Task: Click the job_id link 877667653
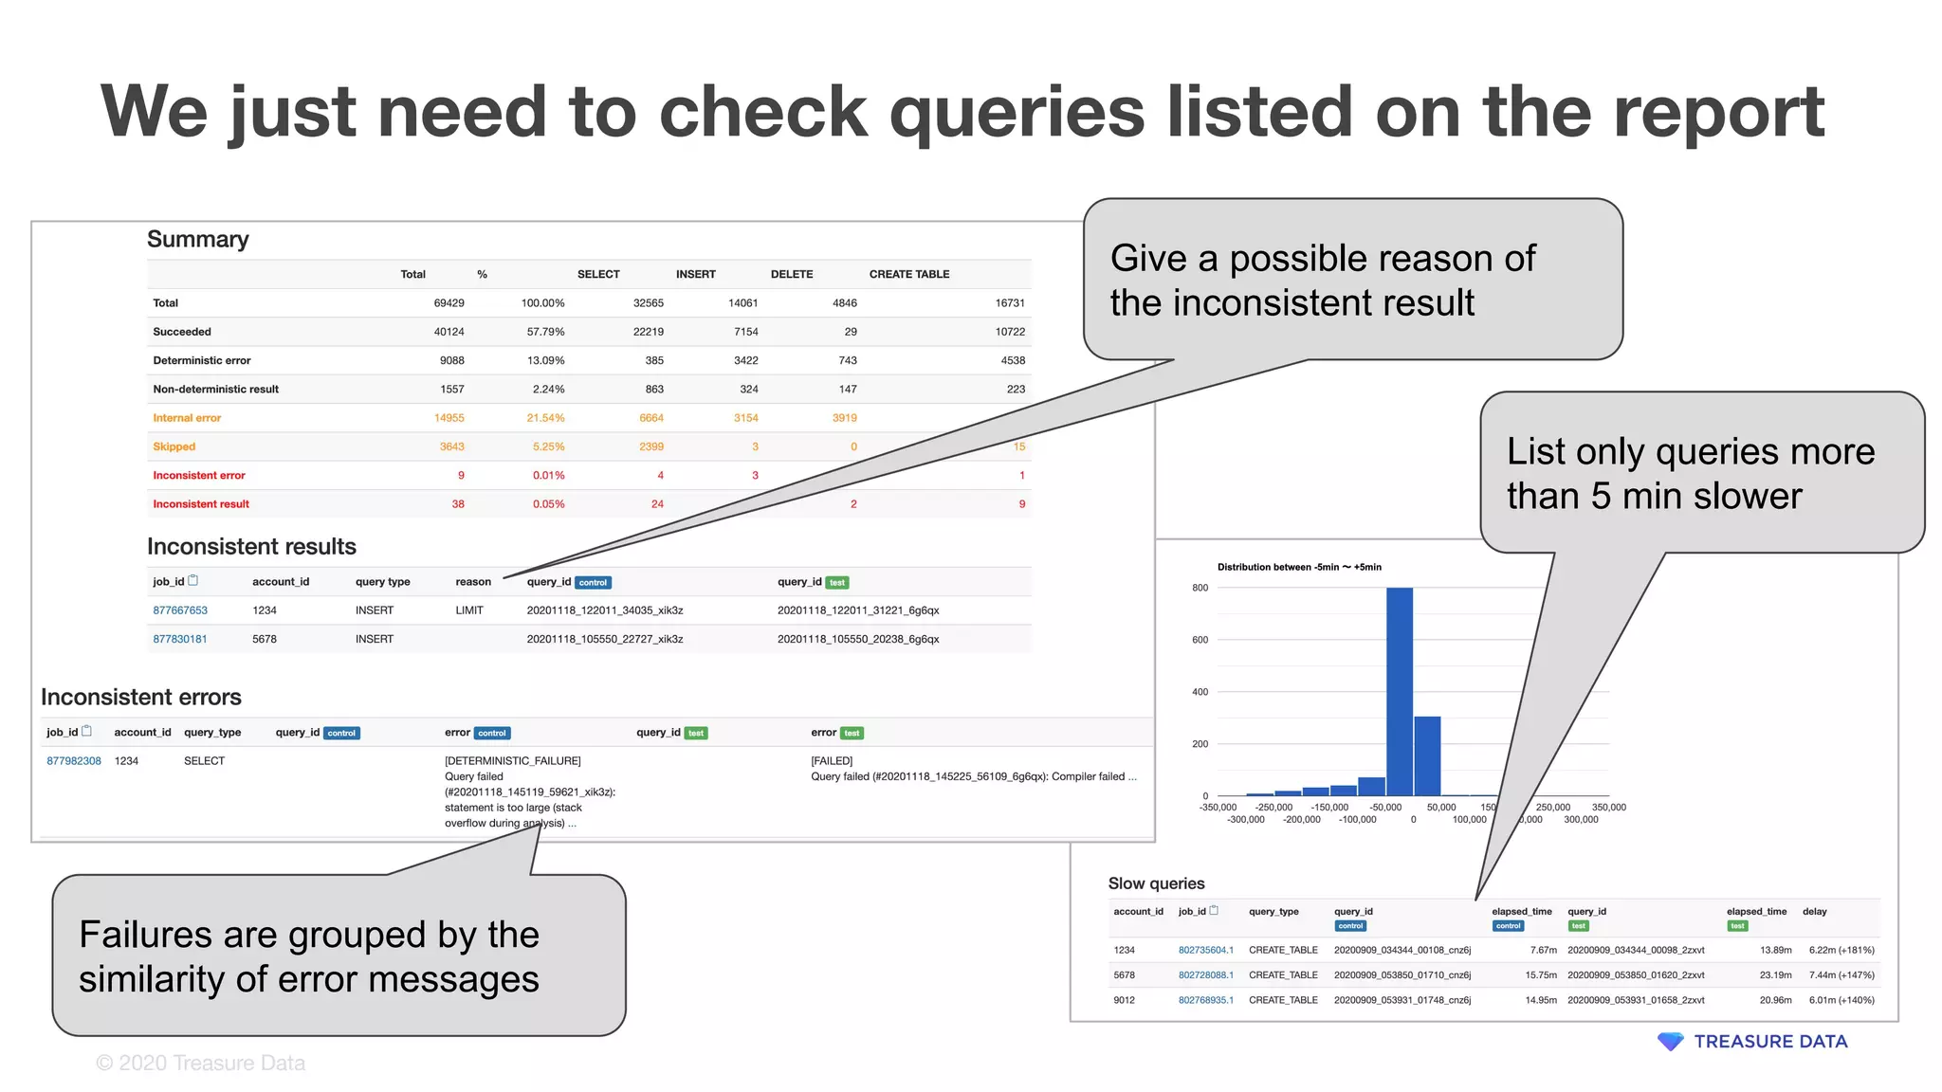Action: tap(180, 610)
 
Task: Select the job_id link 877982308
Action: tap(74, 761)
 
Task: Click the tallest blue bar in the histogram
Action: tap(1400, 691)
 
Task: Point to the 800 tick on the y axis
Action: tap(1200, 588)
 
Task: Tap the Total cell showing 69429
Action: tap(449, 303)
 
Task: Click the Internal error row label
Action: tap(187, 418)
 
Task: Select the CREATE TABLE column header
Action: tap(908, 274)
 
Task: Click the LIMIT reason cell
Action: tap(469, 610)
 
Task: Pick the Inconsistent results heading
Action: tap(251, 547)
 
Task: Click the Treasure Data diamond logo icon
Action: tap(1670, 1042)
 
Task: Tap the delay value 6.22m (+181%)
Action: tap(1841, 950)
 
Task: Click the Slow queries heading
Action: tap(1156, 883)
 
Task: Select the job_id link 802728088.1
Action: tap(1205, 975)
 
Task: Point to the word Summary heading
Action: tap(198, 240)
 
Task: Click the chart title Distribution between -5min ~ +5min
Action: tap(1299, 567)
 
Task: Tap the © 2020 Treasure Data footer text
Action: tap(201, 1064)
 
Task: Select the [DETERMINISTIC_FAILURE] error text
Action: tap(512, 761)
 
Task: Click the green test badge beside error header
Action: tap(852, 734)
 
